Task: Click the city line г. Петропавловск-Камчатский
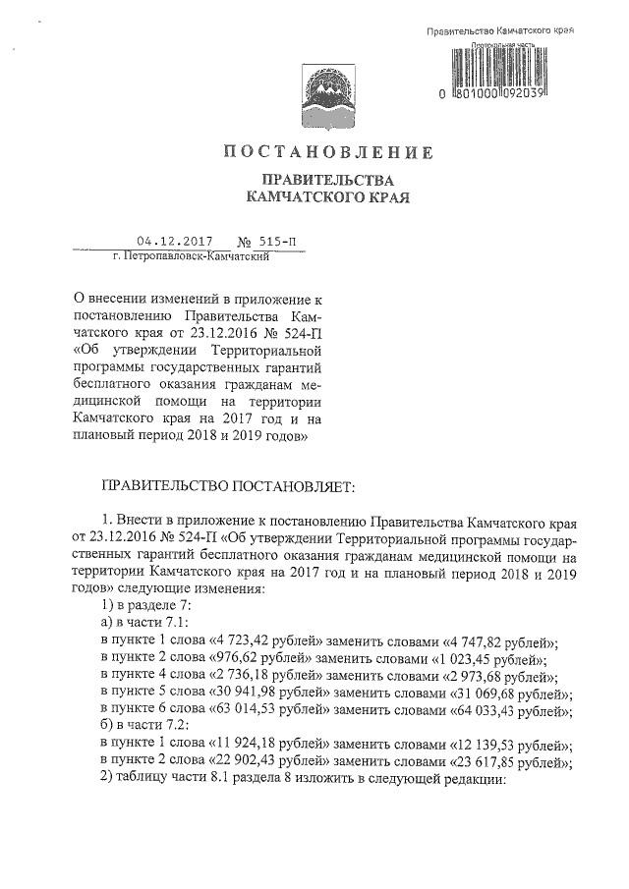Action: pyautogui.click(x=192, y=255)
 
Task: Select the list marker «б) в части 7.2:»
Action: pyautogui.click(x=144, y=730)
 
